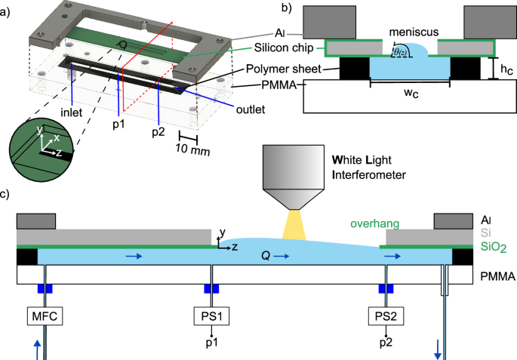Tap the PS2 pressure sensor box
[x=386, y=314]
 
